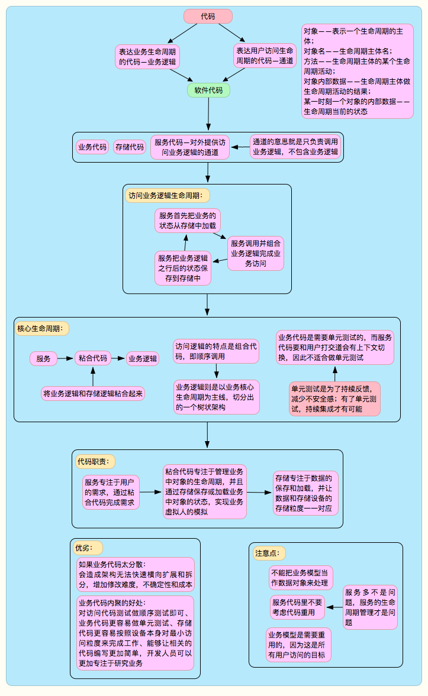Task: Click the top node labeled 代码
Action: pyautogui.click(x=208, y=17)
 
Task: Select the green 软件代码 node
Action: pyautogui.click(x=208, y=90)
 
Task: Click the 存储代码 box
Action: pyautogui.click(x=130, y=147)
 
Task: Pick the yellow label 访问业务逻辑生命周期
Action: pyautogui.click(x=168, y=195)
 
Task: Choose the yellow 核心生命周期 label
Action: pyautogui.click(x=42, y=328)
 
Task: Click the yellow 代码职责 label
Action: pyautogui.click(x=94, y=461)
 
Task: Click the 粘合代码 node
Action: pyautogui.click(x=93, y=358)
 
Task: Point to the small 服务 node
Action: pyautogui.click(x=43, y=358)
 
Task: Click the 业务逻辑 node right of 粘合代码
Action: pyautogui.click(x=143, y=358)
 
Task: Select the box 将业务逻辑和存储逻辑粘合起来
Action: pyautogui.click(x=94, y=393)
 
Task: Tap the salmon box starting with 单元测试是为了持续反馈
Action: pyautogui.click(x=334, y=399)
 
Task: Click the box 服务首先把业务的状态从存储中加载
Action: pyautogui.click(x=188, y=221)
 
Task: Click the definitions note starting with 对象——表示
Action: pyautogui.click(x=357, y=71)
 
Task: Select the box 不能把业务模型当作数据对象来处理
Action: pyautogui.click(x=301, y=578)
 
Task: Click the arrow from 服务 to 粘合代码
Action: pyautogui.click(x=65, y=358)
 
